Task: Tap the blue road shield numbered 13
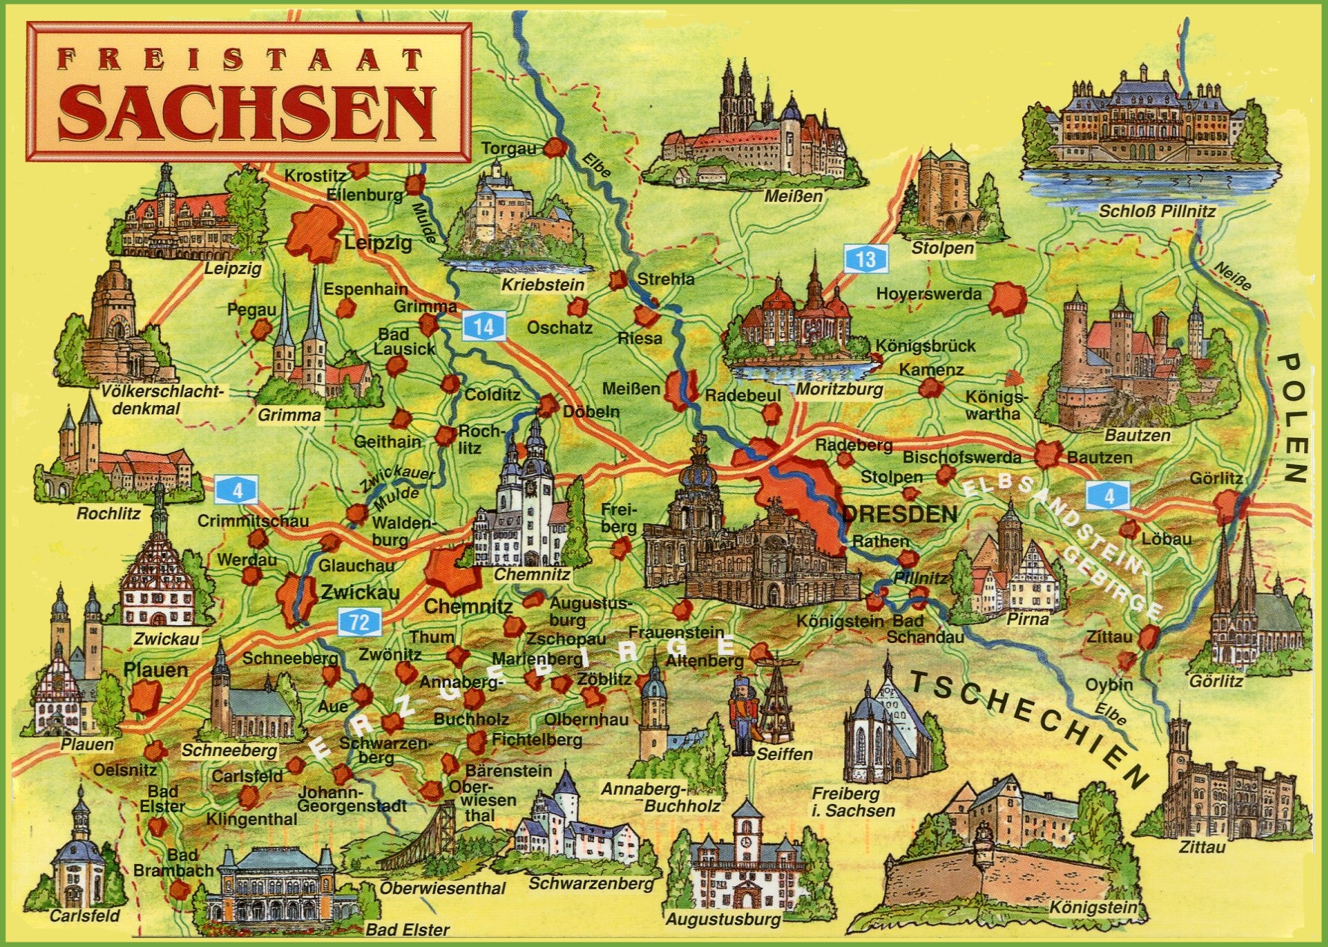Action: (866, 259)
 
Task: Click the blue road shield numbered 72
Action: (360, 621)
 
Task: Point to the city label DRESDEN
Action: (900, 514)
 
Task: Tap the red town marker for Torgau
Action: (554, 147)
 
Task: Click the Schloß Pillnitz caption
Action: (1157, 212)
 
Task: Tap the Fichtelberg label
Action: (536, 740)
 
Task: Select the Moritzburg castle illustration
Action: (798, 322)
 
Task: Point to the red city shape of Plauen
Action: (142, 696)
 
